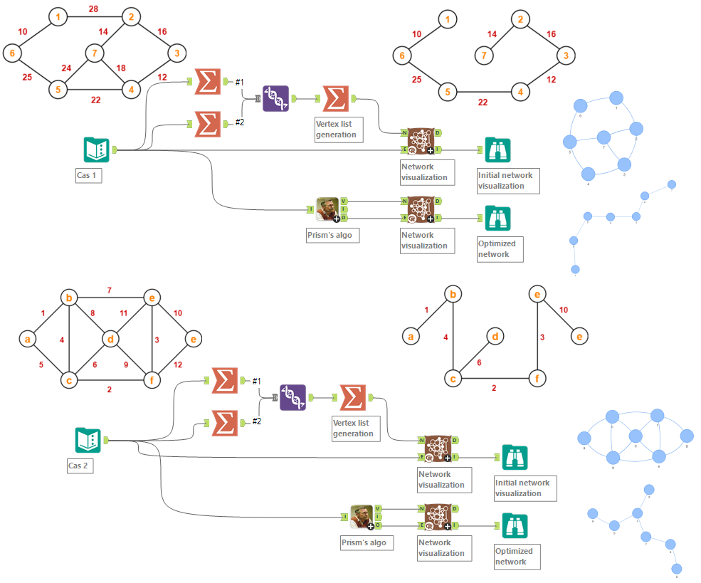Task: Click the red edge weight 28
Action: [x=93, y=9]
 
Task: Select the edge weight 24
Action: [x=66, y=68]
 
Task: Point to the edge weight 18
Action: [x=121, y=68]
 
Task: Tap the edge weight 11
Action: [x=123, y=312]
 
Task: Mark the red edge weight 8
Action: [x=93, y=312]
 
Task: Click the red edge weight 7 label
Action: [x=109, y=290]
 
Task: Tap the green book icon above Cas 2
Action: [x=87, y=440]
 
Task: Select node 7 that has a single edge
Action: [x=484, y=54]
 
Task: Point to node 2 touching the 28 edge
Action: [x=129, y=16]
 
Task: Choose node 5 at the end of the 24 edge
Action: [x=57, y=90]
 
